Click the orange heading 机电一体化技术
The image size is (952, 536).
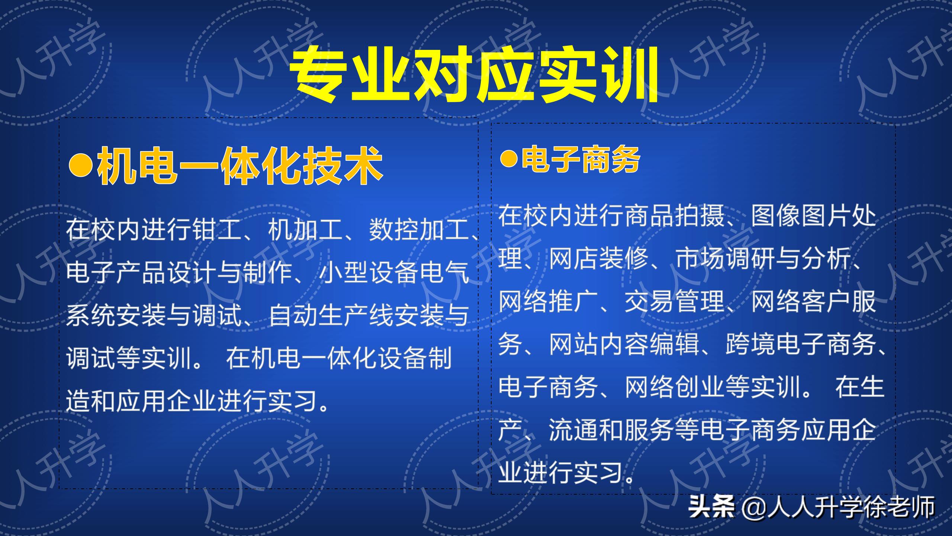click(x=240, y=166)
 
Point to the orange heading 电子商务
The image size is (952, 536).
click(x=580, y=159)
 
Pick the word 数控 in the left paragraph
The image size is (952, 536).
click(x=394, y=230)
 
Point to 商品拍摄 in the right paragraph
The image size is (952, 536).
click(x=675, y=216)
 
